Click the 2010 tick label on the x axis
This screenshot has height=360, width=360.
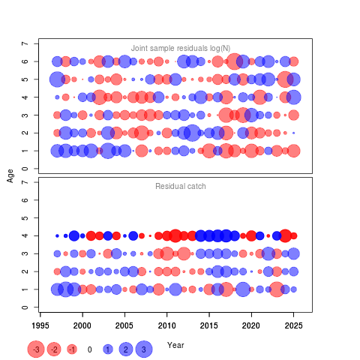(x=166, y=325)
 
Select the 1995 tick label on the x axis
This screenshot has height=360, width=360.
(x=40, y=325)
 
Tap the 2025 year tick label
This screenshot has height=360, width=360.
(x=294, y=325)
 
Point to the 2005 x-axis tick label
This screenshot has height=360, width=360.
(x=124, y=325)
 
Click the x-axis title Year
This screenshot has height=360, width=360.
(x=175, y=345)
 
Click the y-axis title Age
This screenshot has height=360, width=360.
(x=10, y=175)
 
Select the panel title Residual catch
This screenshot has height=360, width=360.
(x=181, y=186)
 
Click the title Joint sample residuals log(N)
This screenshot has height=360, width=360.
(x=181, y=48)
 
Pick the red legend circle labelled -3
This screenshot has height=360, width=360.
(x=36, y=349)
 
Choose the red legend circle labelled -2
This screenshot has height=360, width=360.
(x=54, y=349)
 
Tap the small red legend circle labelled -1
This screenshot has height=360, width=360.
(x=72, y=349)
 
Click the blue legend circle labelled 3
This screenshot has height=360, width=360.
(x=144, y=349)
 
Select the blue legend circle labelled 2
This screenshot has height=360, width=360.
(x=126, y=349)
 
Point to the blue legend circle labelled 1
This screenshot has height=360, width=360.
(x=108, y=349)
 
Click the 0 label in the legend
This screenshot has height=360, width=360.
(x=90, y=349)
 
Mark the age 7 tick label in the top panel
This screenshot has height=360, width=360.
(x=25, y=43)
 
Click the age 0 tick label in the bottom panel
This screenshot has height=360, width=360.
(x=25, y=307)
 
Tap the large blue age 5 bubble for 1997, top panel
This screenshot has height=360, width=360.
(x=57, y=79)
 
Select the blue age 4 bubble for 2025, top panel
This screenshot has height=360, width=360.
(x=294, y=97)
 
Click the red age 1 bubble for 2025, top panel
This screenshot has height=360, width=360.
(x=294, y=151)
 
